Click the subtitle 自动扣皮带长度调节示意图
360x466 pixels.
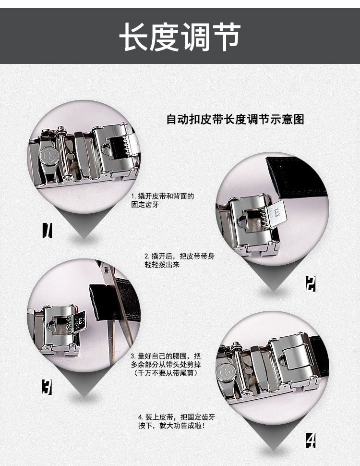tap(235, 119)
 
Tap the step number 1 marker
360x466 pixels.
tap(47, 231)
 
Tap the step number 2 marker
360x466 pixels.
tap(311, 284)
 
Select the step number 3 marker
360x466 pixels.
tap(47, 387)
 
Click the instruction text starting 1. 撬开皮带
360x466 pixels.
tap(163, 200)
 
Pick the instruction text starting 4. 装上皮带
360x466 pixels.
tap(176, 421)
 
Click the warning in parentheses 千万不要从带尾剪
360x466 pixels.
tap(166, 373)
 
